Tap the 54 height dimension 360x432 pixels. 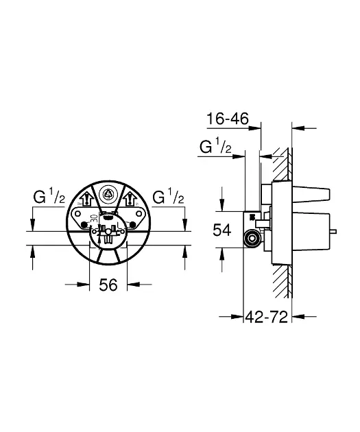pyautogui.click(x=222, y=231)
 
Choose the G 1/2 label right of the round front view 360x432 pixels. pyautogui.click(x=167, y=198)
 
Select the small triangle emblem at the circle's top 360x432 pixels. pyautogui.click(x=107, y=195)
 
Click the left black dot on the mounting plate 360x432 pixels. pyautogui.click(x=84, y=226)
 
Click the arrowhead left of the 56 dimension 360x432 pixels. pyautogui.click(x=85, y=283)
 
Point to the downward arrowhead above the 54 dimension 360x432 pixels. pyautogui.click(x=222, y=206)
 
